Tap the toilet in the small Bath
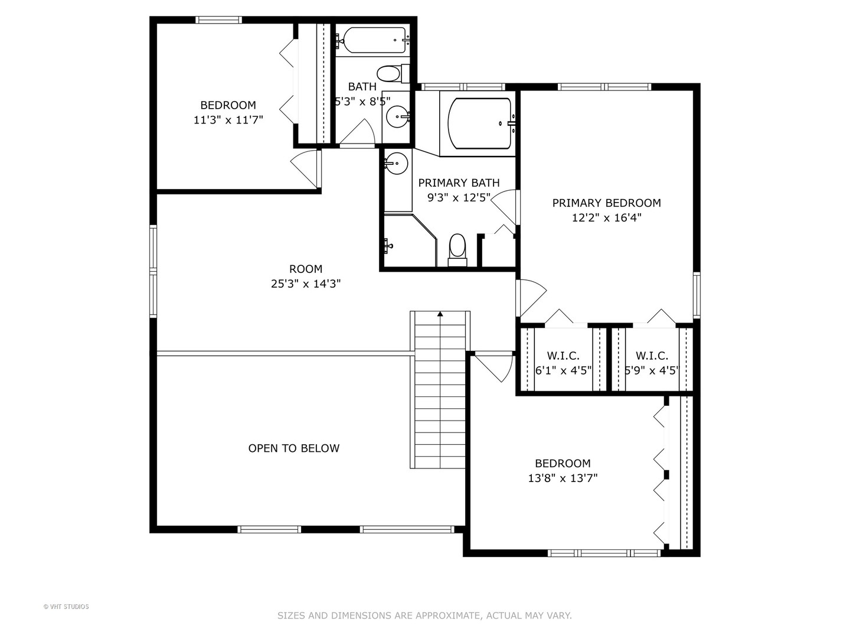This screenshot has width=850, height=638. (390, 74)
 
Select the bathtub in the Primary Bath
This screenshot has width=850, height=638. (479, 123)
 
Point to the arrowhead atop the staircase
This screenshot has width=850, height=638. (440, 314)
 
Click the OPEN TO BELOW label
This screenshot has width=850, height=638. (293, 448)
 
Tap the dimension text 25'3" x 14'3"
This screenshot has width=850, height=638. (306, 284)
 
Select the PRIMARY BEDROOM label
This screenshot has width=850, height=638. (606, 203)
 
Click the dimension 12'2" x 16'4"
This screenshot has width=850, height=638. (606, 218)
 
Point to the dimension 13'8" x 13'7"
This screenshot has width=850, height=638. (563, 479)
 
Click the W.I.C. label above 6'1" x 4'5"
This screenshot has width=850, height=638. (563, 356)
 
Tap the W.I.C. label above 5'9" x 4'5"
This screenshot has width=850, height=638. (652, 356)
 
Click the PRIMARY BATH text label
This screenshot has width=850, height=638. (459, 183)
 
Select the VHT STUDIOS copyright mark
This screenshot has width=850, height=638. (66, 607)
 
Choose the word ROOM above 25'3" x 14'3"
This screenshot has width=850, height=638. (306, 269)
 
